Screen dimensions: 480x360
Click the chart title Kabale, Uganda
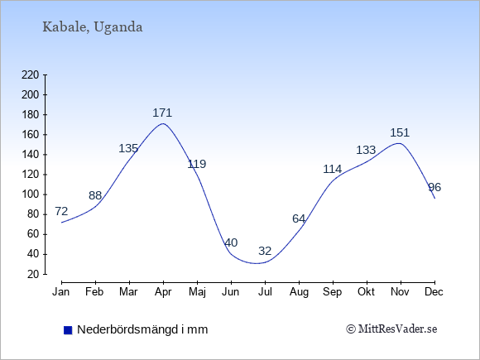93,27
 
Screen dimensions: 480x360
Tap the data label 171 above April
162,113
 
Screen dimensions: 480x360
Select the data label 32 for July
265,251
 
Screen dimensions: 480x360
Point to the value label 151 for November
400,132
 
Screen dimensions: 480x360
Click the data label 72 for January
61,211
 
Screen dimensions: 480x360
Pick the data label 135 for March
128,148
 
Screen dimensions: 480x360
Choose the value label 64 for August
299,218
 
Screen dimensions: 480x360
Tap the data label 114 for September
333,169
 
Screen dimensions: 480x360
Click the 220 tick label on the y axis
31,74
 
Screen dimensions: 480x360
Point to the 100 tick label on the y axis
31,194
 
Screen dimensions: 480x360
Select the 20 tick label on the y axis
33,274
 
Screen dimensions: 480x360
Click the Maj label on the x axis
197,292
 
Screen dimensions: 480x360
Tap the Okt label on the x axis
366,292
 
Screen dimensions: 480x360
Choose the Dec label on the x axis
434,292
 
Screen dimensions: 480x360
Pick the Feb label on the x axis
94,292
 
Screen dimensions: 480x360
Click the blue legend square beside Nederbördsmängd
68,330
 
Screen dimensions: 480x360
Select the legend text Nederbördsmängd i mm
142,329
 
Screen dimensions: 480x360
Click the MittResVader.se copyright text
391,329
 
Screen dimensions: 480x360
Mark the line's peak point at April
163,123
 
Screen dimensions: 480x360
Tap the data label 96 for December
434,187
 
